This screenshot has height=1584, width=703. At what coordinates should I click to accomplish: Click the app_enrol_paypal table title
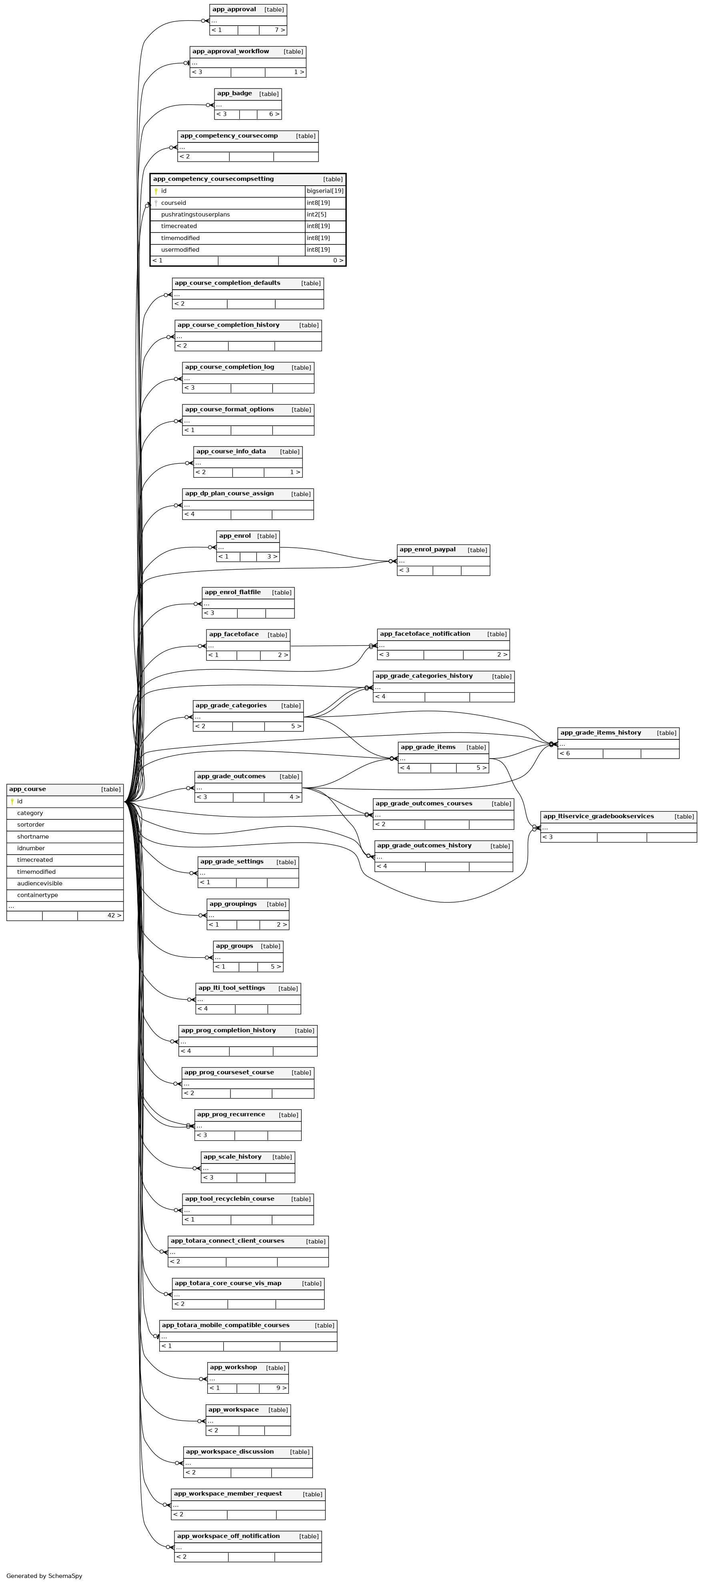tap(427, 550)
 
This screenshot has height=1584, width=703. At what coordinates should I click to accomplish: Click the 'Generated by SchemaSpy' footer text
tap(44, 1576)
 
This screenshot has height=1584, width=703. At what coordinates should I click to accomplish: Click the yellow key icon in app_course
tap(12, 801)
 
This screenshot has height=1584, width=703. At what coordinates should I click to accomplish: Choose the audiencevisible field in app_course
tap(39, 883)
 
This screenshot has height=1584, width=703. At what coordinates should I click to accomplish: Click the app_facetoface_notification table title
tap(425, 634)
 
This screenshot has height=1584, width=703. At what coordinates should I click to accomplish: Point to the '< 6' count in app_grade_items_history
tap(565, 753)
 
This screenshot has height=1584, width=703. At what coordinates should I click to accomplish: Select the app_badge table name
tap(234, 94)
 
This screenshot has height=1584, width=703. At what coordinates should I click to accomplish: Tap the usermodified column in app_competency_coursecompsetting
tap(180, 250)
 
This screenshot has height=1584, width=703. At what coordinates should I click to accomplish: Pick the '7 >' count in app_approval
tap(280, 30)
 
